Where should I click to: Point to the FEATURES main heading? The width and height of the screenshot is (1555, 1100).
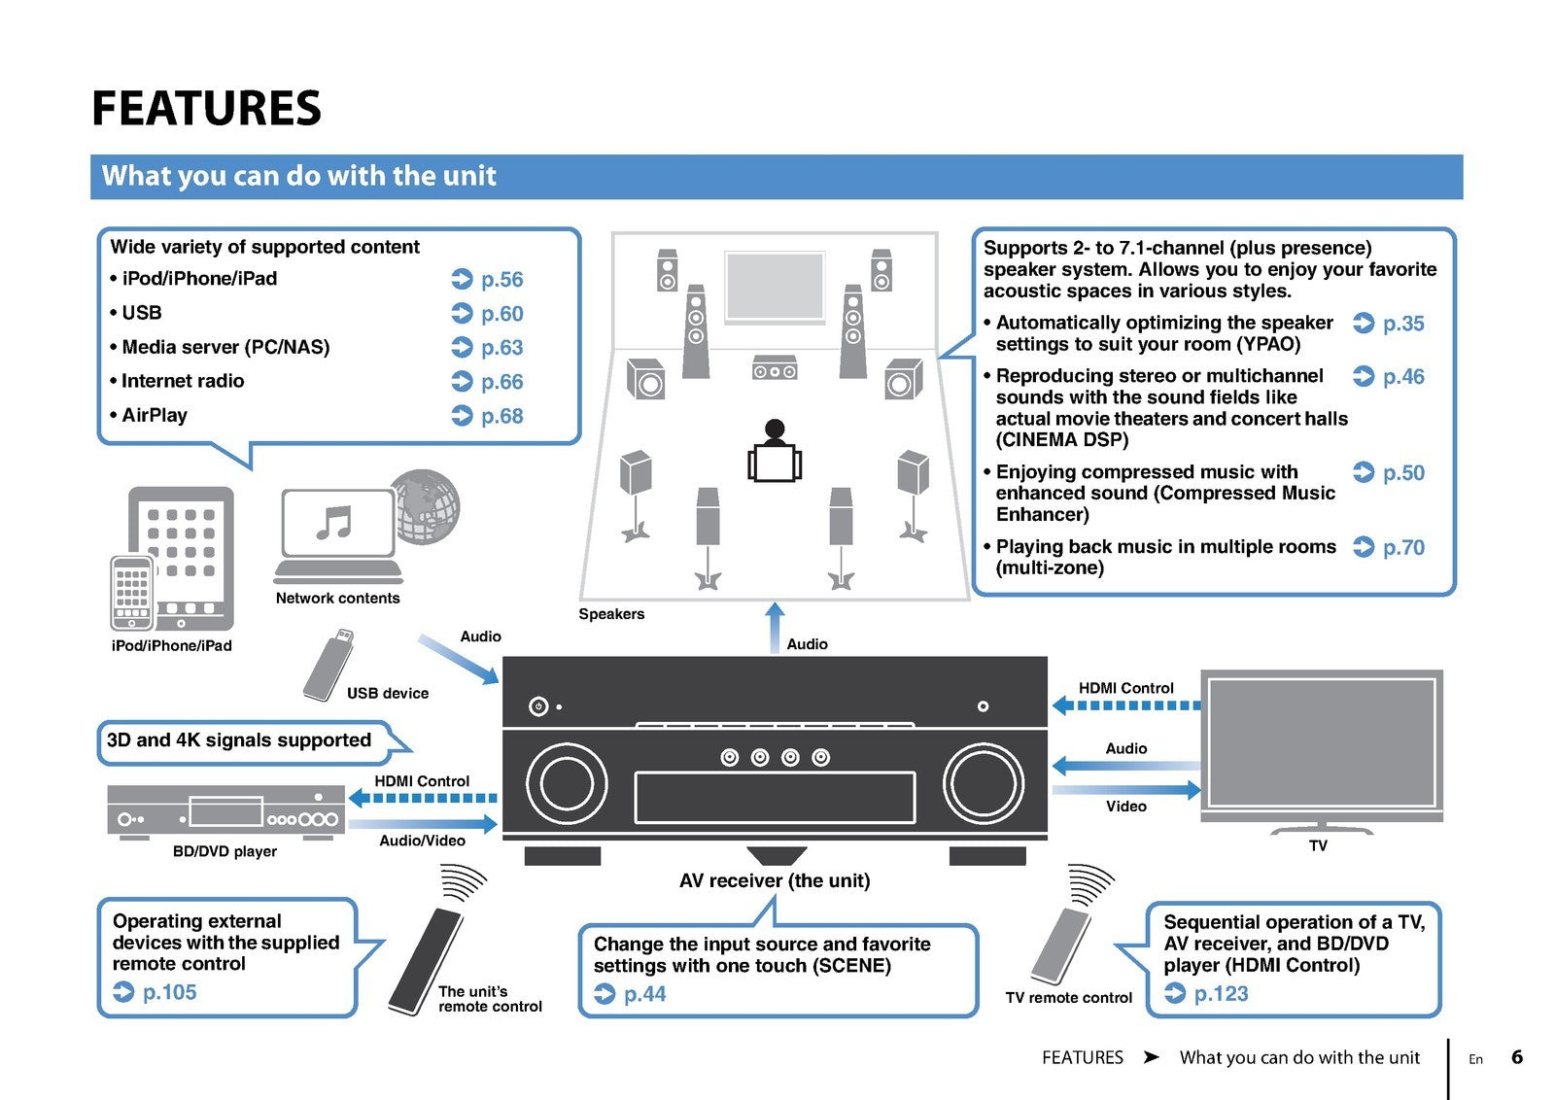click(x=206, y=108)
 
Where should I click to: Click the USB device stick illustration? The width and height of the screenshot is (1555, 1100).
click(x=328, y=666)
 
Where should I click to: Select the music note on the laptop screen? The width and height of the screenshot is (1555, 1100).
click(x=334, y=523)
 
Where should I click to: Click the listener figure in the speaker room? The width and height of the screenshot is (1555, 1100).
click(x=775, y=453)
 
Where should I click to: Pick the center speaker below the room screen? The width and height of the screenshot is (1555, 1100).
click(x=775, y=369)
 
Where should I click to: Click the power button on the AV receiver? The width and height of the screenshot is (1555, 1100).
click(x=538, y=706)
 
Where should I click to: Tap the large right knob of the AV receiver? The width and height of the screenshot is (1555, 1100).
click(x=984, y=782)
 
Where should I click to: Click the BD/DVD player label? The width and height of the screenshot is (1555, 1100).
click(x=225, y=851)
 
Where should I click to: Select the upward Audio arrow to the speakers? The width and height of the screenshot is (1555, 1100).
click(x=775, y=627)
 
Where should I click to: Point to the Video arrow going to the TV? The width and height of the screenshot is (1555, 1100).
click(x=1127, y=790)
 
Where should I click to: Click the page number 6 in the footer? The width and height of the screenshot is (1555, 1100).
click(x=1517, y=1057)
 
